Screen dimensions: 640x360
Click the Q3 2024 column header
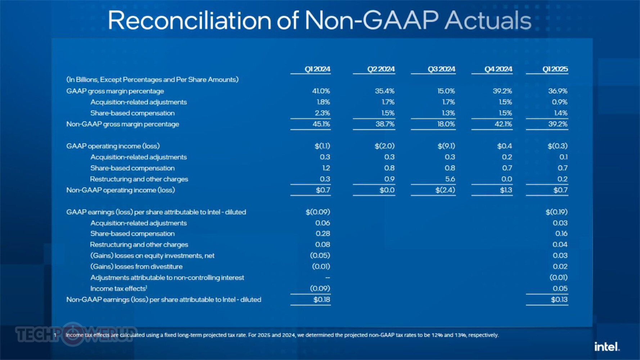point(441,69)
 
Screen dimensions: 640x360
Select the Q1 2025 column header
point(555,69)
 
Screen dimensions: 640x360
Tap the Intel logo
point(607,347)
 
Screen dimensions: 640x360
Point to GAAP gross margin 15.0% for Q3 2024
point(446,91)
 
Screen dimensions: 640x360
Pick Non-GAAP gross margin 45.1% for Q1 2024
point(321,124)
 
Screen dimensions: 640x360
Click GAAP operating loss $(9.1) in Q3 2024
point(446,146)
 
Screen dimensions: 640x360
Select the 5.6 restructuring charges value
point(450,179)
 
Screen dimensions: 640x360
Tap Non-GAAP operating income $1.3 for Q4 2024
point(506,190)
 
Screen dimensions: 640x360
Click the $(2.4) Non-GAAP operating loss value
point(445,190)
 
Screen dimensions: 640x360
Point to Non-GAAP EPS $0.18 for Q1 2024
point(321,300)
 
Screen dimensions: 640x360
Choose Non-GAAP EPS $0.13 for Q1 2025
point(559,300)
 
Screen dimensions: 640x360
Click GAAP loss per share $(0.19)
point(556,212)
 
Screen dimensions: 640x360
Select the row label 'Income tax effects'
point(118,289)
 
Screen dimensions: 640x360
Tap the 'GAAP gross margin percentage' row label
point(115,91)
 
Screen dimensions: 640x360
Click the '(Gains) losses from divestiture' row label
point(136,267)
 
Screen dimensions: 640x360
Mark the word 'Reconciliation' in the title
point(189,20)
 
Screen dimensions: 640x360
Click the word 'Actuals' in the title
point(488,20)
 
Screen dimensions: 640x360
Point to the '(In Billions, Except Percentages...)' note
point(152,80)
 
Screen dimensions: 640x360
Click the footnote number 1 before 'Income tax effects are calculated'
point(55,335)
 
